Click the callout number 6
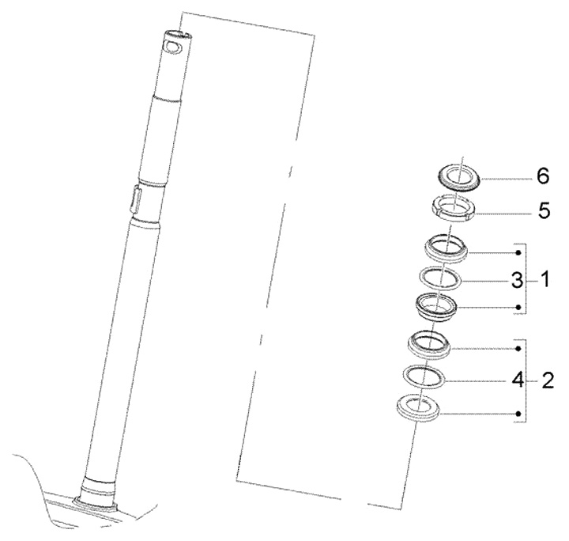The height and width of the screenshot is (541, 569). pos(543,176)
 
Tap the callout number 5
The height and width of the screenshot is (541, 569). pos(544,211)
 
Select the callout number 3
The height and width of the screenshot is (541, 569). pos(517,281)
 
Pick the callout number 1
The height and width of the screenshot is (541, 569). pos(545,280)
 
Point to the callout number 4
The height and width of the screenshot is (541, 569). pos(518,380)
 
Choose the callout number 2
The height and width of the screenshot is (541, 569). pos(548,381)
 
